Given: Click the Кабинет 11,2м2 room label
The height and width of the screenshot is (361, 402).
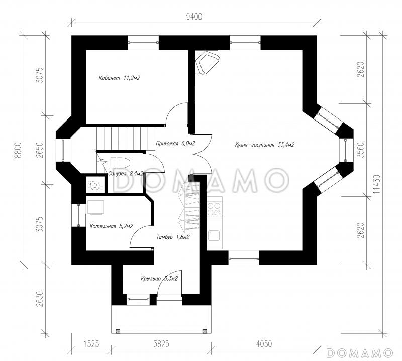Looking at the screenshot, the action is click(x=119, y=78).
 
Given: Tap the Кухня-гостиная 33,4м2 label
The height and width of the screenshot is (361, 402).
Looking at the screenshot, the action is click(x=265, y=145).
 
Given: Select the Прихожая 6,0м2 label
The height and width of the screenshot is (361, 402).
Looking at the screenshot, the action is click(x=175, y=143).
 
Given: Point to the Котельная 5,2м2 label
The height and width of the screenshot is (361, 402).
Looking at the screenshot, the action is click(x=111, y=226).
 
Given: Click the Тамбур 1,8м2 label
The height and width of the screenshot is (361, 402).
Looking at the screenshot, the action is click(x=173, y=237).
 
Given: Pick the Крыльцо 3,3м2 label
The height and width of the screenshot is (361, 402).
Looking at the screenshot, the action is click(x=159, y=279).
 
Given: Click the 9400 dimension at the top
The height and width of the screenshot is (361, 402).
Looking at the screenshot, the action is click(x=194, y=17).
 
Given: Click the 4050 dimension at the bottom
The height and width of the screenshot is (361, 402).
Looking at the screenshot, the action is click(x=264, y=344).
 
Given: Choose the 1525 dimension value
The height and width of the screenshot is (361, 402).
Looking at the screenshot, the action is click(x=91, y=344).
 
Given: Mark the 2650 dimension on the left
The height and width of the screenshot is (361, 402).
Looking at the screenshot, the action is click(x=39, y=149).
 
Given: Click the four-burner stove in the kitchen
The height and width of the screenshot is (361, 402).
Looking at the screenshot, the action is click(x=215, y=209).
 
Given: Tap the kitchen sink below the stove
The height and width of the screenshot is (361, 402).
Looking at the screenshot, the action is click(x=214, y=235).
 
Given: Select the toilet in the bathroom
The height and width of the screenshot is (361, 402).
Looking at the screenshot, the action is click(x=120, y=163).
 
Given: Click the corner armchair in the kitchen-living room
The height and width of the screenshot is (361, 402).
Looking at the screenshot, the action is click(x=208, y=62).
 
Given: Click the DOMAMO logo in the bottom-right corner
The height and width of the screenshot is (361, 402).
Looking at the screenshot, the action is click(x=360, y=353).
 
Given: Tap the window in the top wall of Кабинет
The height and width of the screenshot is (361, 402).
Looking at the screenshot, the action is click(x=143, y=43).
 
